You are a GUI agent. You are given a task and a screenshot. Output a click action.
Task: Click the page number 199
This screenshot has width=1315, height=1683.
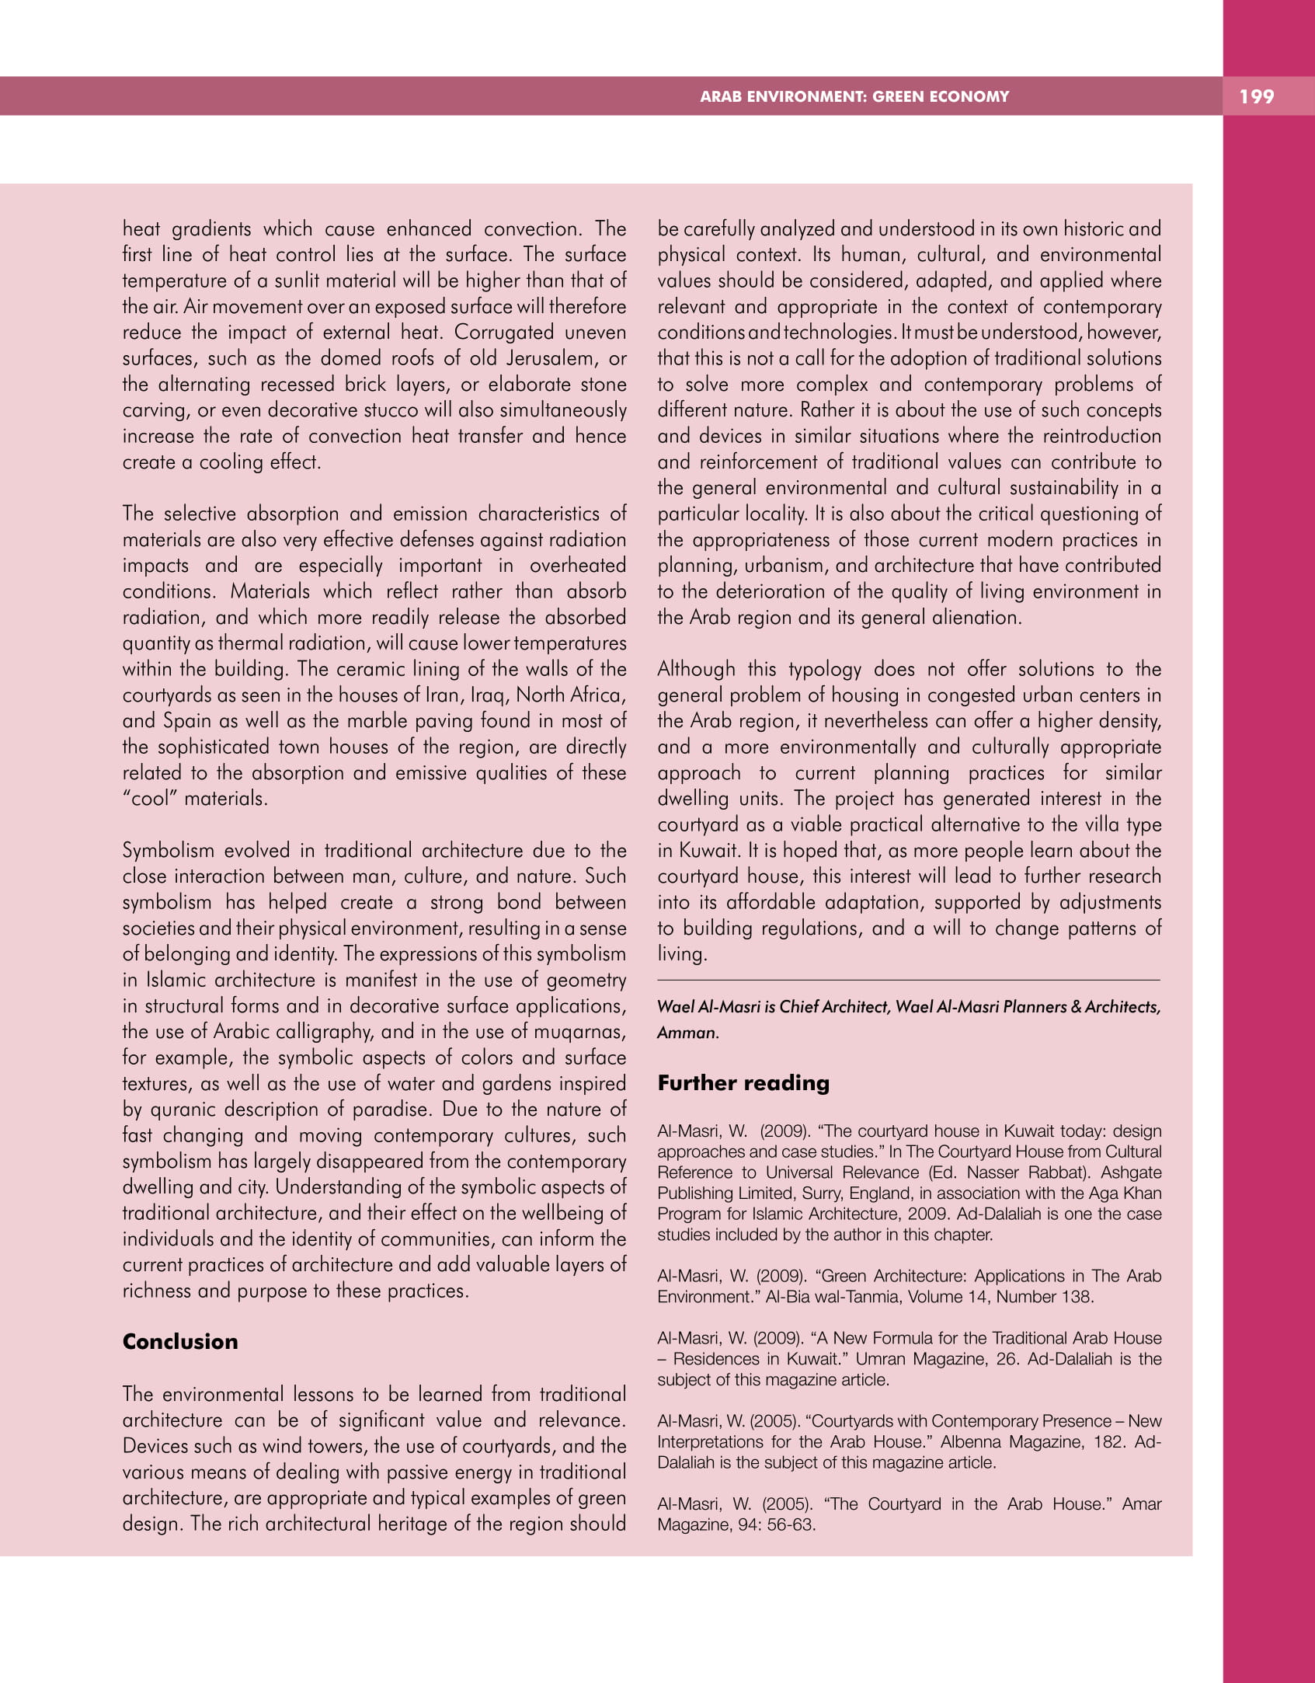click(1256, 96)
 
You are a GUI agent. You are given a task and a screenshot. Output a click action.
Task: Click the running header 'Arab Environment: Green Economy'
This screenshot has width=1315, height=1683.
click(854, 96)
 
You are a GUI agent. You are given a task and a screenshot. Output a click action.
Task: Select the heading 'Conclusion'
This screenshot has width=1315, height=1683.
click(180, 1341)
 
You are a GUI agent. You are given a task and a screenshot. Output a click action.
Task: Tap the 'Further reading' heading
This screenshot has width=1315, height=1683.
click(743, 1082)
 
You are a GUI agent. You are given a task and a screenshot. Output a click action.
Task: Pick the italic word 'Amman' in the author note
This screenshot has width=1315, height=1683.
click(687, 1033)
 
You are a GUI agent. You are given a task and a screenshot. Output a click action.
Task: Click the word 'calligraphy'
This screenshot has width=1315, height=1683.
click(320, 1032)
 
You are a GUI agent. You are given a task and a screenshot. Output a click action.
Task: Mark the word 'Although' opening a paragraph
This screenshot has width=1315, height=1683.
click(696, 669)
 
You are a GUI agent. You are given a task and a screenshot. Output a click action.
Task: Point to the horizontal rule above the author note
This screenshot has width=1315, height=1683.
click(908, 981)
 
